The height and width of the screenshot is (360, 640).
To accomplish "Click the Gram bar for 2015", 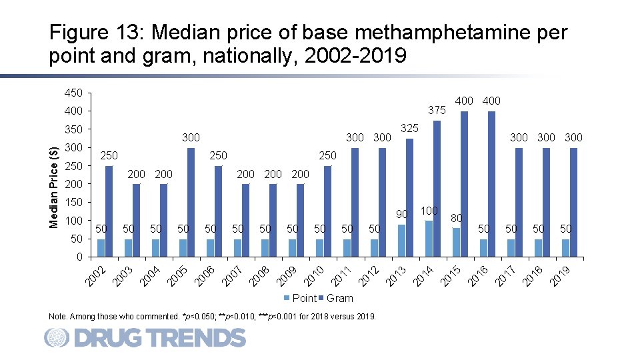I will point(464,184).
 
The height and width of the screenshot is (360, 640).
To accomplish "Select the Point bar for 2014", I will point(429,239).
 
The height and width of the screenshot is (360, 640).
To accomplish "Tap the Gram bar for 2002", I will point(109,211).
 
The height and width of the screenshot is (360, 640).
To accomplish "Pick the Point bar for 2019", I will point(565,247).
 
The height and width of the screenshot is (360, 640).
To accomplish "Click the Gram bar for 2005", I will point(191,202).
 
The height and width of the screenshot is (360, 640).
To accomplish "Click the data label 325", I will point(409,127).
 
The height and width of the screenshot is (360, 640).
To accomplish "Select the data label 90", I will point(401,214).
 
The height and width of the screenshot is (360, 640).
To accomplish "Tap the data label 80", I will point(456,217).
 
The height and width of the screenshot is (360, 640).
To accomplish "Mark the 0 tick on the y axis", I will point(79,257).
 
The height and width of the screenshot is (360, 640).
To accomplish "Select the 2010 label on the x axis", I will point(314,275).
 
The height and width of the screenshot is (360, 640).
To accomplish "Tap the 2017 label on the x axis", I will point(505,275).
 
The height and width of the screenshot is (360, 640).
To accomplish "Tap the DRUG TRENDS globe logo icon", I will point(57,338).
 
